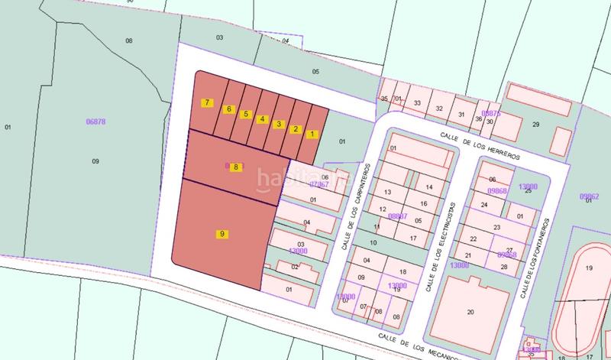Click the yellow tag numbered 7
point(206,102)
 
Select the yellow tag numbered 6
point(228,109)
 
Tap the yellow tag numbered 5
point(245,115)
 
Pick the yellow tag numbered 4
point(262,119)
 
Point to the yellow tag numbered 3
point(279,124)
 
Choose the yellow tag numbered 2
point(296,128)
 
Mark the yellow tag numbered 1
point(312,135)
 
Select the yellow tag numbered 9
point(221,234)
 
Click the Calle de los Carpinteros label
point(354,206)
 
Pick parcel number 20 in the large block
point(470,311)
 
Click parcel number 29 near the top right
point(535,124)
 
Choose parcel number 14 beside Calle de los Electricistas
point(429,186)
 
